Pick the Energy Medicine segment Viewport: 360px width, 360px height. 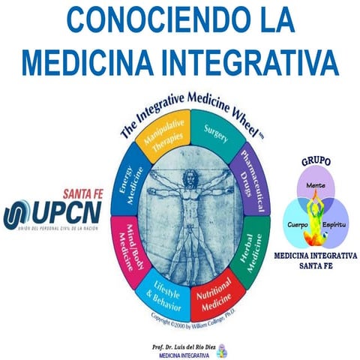[x=128, y=183]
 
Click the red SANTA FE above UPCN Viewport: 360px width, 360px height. [x=81, y=192]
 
